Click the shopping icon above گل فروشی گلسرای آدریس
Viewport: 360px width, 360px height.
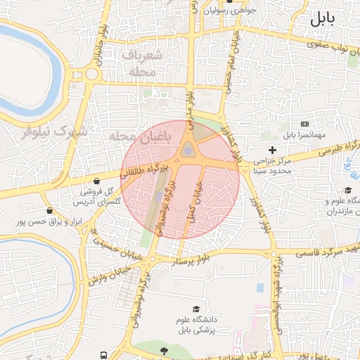(96, 181)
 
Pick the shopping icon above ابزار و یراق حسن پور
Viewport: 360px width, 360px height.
(49, 210)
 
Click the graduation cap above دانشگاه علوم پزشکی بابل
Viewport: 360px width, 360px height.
(196, 309)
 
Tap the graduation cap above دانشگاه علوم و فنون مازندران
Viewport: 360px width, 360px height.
(347, 190)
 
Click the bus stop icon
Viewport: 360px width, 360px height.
(104, 356)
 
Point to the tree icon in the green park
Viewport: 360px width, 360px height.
(164, 351)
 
